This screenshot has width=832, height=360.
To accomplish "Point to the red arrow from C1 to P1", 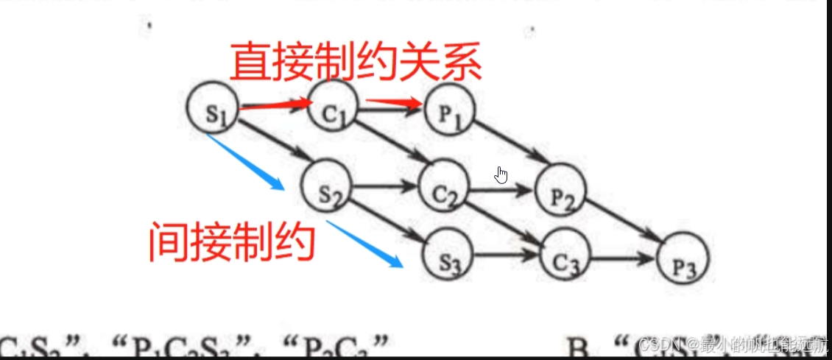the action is pyautogui.click(x=394, y=105).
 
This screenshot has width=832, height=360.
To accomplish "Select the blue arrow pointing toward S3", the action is pyautogui.click(x=364, y=244).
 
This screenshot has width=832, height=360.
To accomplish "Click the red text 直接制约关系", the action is pyautogui.click(x=356, y=63).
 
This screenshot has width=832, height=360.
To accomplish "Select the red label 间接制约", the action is pyautogui.click(x=232, y=242).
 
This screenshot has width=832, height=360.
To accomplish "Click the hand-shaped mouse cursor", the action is pyautogui.click(x=501, y=175).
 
